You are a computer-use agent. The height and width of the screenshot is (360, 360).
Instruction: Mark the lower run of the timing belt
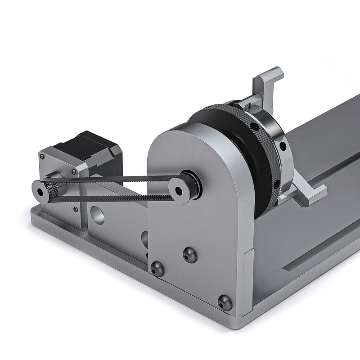[112, 198]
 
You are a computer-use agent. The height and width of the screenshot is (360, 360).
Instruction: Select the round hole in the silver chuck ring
[282, 146]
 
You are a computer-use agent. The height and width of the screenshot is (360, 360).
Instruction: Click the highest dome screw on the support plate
[189, 255]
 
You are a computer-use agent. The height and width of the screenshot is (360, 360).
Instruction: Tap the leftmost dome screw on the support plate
[157, 269]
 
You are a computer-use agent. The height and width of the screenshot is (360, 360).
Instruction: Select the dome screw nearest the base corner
[225, 302]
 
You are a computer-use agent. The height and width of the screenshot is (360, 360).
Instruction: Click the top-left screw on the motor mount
[42, 157]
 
